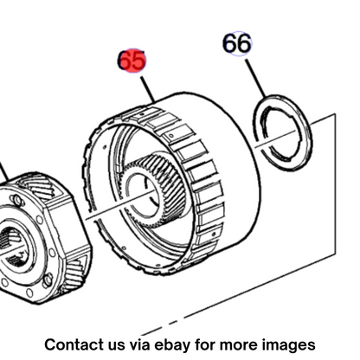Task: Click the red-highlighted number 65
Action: (132, 61)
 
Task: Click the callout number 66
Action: (237, 43)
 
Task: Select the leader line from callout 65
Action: (148, 89)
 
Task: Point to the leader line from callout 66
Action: (255, 79)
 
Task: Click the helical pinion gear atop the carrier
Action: (41, 189)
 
